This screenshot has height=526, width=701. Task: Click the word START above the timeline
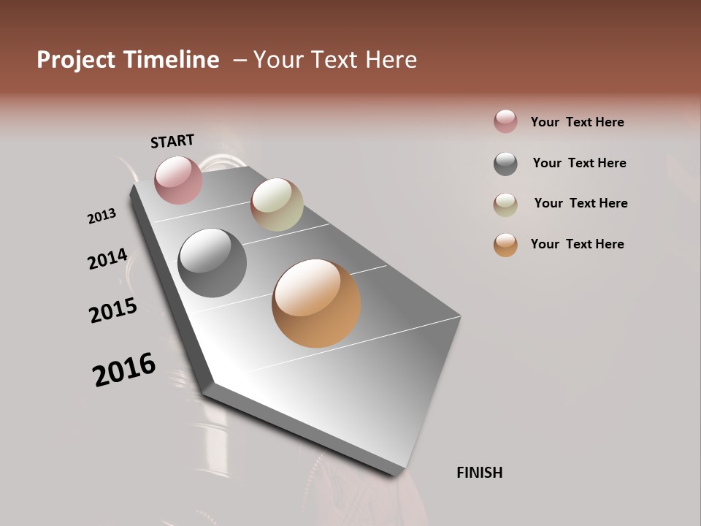pos(172,141)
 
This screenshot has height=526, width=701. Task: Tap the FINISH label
pos(479,473)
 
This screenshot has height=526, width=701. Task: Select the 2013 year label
pos(101,216)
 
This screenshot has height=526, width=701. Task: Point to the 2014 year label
pos(107,259)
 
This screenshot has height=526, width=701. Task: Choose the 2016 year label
pos(124,369)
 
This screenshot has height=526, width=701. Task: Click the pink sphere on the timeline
pos(178,180)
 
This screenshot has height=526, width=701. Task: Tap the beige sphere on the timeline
pos(277,205)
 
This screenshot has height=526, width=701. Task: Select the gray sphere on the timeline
pos(212,263)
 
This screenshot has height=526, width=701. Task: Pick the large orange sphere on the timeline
pos(316,303)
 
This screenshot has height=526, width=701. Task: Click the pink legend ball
pos(505,121)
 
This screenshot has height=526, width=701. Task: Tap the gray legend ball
pos(505,164)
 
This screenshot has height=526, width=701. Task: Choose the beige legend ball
pos(505,205)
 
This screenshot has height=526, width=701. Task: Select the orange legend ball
pos(505,245)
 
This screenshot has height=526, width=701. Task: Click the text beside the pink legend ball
pos(577,122)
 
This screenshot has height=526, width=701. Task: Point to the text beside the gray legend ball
pos(579,163)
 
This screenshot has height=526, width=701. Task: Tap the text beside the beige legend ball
pos(581,203)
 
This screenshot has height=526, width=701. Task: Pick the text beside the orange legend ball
pos(577,244)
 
